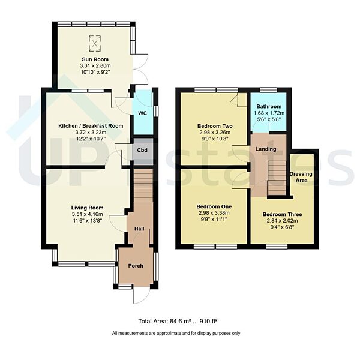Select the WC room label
[x=142, y=113]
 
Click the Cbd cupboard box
[x=142, y=151]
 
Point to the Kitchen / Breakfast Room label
[x=91, y=125]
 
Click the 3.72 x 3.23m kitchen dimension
[x=91, y=133]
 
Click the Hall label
[x=139, y=229]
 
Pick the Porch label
[x=136, y=265]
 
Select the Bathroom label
[x=267, y=106]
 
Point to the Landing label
[x=266, y=149]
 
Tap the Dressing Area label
[x=301, y=177]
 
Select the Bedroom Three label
[x=282, y=214]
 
